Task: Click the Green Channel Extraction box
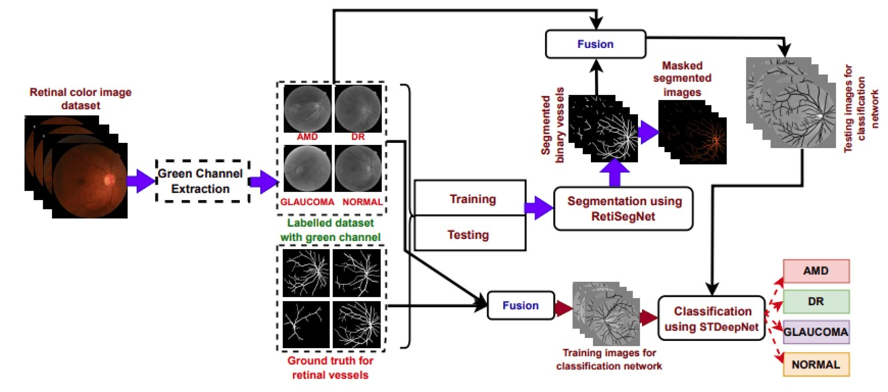(x=201, y=181)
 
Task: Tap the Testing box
(x=468, y=235)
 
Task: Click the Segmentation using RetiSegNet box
(x=622, y=209)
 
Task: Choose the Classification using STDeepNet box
(x=711, y=318)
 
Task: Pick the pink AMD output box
(x=815, y=272)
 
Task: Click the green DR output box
(x=815, y=302)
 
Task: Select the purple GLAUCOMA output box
(x=815, y=332)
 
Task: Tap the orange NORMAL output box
(x=815, y=365)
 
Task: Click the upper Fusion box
(x=596, y=44)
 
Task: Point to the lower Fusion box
(x=521, y=306)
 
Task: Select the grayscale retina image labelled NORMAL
(x=358, y=170)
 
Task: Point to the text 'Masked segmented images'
(x=687, y=80)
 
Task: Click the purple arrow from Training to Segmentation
(x=538, y=208)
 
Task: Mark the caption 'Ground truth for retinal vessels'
(x=330, y=367)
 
